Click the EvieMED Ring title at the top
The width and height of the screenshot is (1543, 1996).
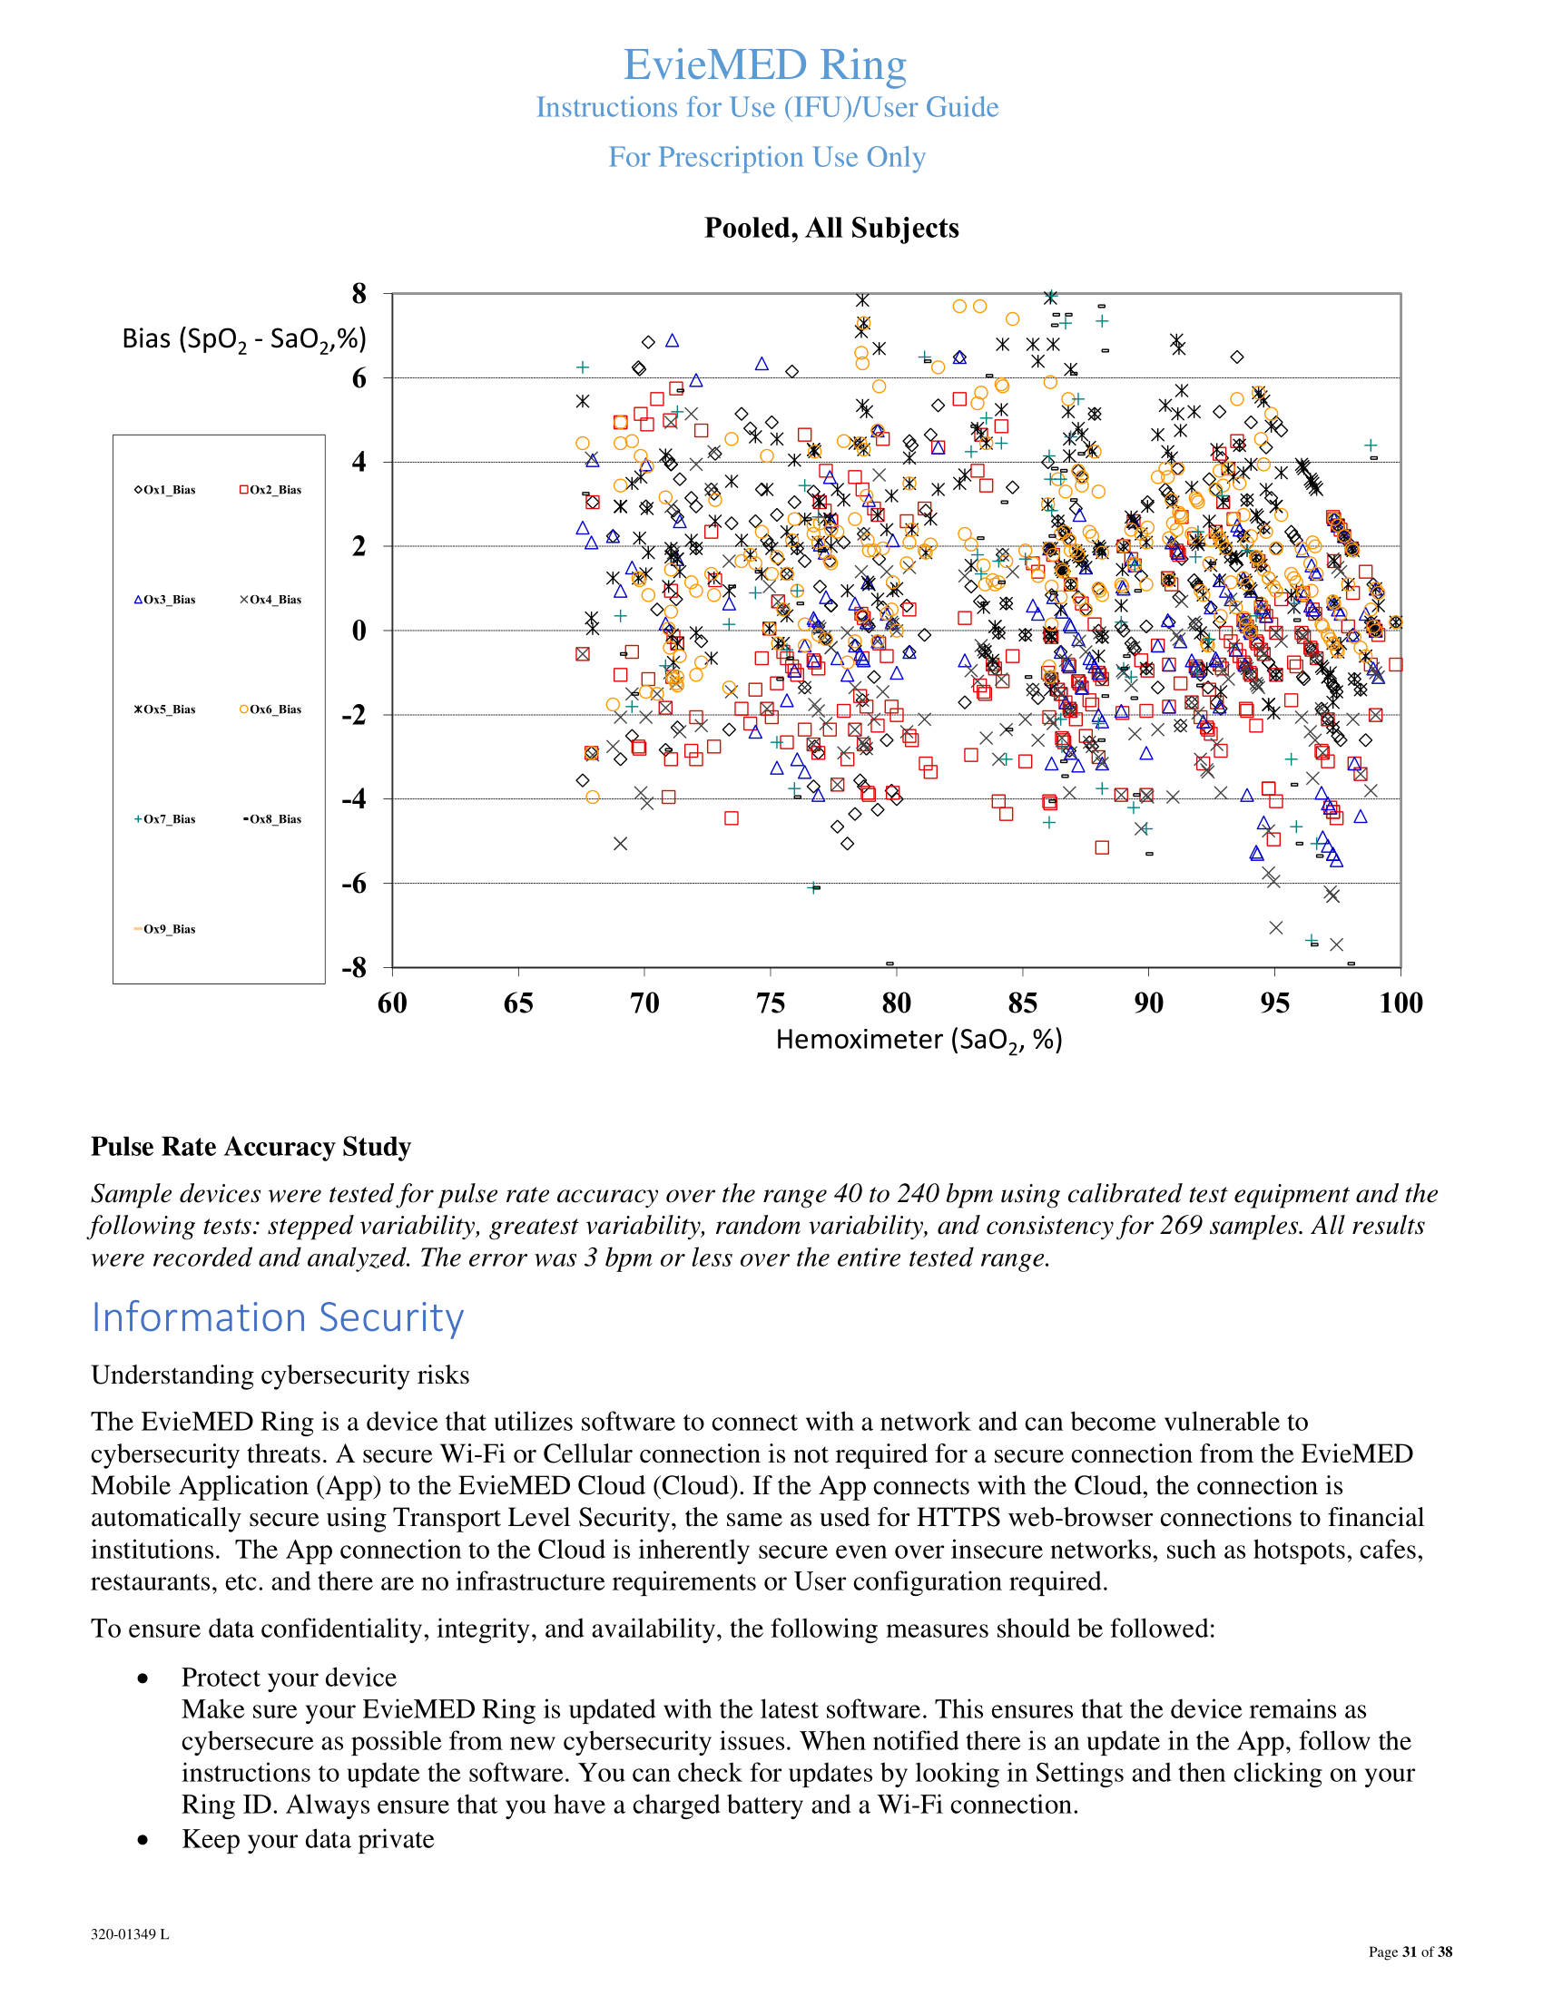(x=764, y=65)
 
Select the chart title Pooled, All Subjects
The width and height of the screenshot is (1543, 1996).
(x=830, y=228)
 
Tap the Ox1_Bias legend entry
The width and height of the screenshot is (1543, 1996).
(x=165, y=490)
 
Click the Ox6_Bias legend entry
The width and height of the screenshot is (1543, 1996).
(x=270, y=709)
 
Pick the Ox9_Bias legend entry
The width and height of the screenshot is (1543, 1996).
(x=165, y=928)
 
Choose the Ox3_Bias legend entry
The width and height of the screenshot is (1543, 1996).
(x=165, y=600)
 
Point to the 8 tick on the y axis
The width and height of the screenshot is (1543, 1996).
(x=359, y=294)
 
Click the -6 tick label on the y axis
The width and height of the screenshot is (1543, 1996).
(x=354, y=883)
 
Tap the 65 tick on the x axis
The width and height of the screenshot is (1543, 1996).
(x=518, y=1003)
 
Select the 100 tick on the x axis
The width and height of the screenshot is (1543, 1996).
(x=1400, y=1003)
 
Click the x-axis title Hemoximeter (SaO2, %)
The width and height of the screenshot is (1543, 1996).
(x=919, y=1040)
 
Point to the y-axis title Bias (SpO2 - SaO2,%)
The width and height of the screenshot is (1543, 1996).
(x=244, y=340)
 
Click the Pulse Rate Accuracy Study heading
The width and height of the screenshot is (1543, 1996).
(x=251, y=1146)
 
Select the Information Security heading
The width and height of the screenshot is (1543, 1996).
(x=278, y=1317)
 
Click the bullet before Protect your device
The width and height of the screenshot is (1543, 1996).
(x=143, y=1678)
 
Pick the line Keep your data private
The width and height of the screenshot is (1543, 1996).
(x=307, y=1839)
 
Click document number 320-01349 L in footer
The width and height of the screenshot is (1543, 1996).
(x=130, y=1934)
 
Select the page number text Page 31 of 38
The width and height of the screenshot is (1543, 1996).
(x=1410, y=1952)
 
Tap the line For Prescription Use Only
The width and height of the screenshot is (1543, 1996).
(x=767, y=157)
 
